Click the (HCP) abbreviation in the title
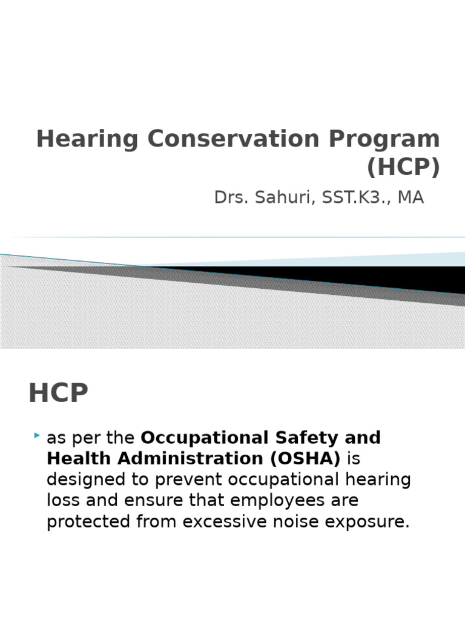pos(403,168)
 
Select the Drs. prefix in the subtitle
pos(229,197)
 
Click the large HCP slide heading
pos(58,394)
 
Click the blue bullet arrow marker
pos(38,435)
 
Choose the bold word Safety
pos(322,437)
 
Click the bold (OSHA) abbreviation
pos(305,458)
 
